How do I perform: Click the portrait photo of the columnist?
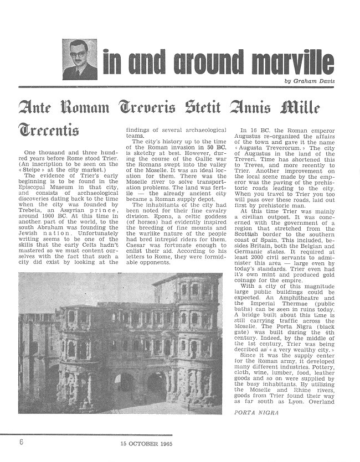pyautogui.click(x=79, y=59)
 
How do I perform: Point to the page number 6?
pyautogui.click(x=21, y=442)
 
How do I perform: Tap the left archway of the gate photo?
pyautogui.click(x=123, y=387)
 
